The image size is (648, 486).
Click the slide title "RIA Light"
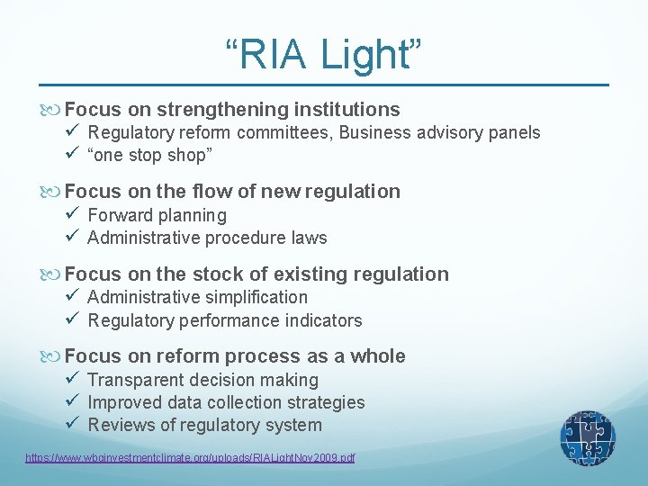(323, 53)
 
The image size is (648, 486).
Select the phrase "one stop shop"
(150, 156)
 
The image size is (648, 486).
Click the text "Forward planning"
(157, 215)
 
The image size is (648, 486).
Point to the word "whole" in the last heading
(377, 356)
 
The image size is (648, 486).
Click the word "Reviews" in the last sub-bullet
(120, 425)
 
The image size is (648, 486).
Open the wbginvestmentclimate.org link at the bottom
(190, 458)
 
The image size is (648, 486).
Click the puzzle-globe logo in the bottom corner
(588, 438)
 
